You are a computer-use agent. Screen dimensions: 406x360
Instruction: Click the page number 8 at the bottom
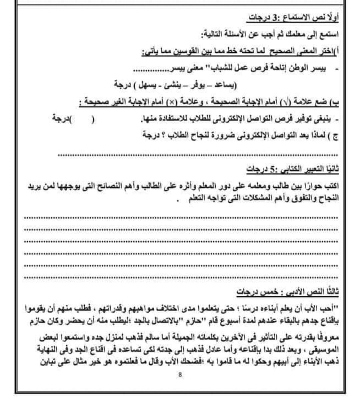tap(180, 375)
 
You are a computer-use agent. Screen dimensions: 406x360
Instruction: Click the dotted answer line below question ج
tap(198, 154)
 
